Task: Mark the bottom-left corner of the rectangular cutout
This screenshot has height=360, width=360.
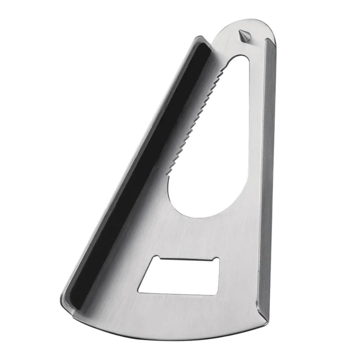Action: (x=139, y=291)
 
